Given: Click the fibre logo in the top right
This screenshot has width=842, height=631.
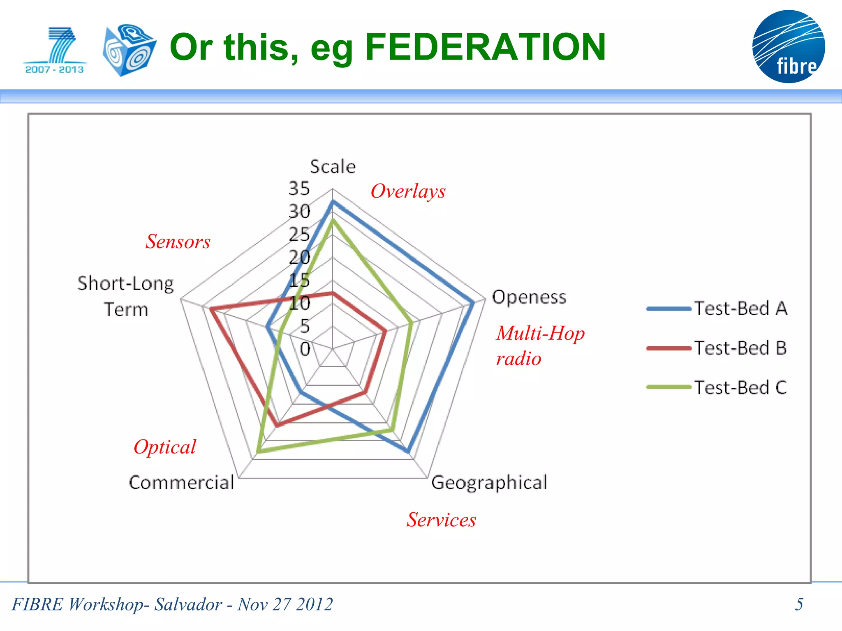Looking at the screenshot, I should point(788,46).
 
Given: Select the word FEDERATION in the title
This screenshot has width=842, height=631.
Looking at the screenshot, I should point(485,47).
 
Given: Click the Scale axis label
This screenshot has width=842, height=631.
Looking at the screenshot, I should point(333,167).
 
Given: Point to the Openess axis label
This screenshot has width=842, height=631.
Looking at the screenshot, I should point(529,297).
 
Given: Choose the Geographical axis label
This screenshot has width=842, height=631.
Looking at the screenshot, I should point(489,483).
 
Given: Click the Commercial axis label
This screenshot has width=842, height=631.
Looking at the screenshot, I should point(181,483).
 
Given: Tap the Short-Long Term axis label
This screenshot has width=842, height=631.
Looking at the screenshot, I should point(126,296).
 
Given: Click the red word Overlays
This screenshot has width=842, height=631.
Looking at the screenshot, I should point(408,191).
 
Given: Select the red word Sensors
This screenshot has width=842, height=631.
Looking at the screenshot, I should point(178,242).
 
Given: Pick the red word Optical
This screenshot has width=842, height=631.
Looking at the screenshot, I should point(165,447).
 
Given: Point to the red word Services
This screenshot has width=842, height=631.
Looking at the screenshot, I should point(441,520).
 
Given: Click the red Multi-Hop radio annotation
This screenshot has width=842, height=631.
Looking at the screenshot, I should point(540,345).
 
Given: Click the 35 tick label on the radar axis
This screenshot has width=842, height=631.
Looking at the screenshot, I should point(299,189).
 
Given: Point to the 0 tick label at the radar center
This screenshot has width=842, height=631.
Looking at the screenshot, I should point(305,349).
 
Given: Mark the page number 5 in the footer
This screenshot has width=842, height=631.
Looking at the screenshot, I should point(799,604).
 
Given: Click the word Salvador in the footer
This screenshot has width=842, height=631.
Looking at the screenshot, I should point(188,604).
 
